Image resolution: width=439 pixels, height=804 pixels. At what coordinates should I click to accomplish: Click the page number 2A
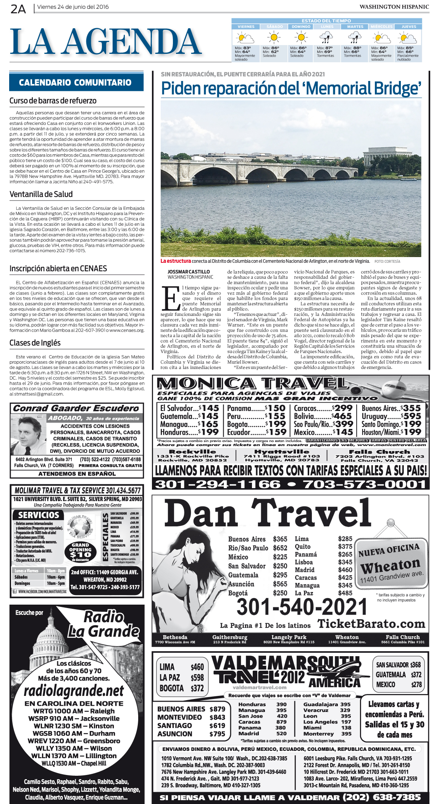18,8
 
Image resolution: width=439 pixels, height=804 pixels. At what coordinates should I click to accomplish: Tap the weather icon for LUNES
326,38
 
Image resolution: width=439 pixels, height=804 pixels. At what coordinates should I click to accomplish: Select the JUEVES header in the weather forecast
408,27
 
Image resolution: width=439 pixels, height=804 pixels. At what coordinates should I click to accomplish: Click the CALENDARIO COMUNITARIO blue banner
76,83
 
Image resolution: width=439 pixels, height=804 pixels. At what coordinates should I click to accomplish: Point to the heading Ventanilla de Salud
41,194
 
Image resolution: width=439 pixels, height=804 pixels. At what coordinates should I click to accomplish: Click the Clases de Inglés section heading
35,343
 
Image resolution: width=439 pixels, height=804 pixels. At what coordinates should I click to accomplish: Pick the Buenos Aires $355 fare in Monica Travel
391,408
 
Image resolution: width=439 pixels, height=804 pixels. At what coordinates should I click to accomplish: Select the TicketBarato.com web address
371,624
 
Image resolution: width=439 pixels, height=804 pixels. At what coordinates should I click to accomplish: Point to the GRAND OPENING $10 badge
81,552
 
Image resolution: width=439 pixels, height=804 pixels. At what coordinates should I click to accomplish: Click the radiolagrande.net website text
74,691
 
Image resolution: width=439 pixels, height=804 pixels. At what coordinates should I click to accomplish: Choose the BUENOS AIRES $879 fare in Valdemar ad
191,709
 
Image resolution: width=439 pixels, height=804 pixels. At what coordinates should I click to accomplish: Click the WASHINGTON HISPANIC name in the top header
394,7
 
